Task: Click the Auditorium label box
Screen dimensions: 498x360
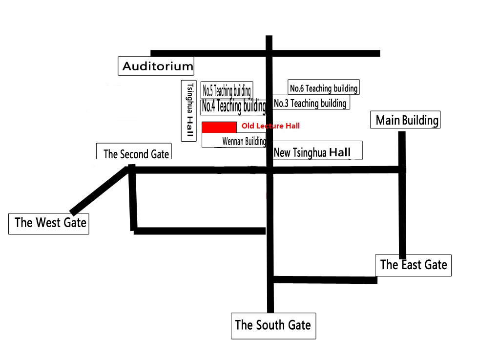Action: (x=156, y=66)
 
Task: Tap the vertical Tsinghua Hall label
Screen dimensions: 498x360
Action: (x=188, y=110)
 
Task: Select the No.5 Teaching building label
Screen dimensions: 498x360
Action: (x=227, y=90)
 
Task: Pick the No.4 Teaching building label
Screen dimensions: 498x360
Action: (x=233, y=106)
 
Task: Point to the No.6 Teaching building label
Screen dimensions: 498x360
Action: (x=324, y=87)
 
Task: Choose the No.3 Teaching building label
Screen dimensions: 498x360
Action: (x=311, y=103)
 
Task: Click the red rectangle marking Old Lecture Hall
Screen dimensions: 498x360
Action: (x=219, y=127)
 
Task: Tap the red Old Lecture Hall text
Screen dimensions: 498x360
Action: (x=270, y=126)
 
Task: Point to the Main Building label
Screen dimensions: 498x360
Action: (x=405, y=120)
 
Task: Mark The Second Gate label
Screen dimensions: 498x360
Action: (x=134, y=151)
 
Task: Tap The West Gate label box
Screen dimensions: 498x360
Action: (x=49, y=224)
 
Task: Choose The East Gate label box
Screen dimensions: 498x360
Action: (x=413, y=265)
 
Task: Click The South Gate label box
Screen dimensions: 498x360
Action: (x=273, y=326)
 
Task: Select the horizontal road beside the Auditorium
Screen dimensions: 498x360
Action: (x=265, y=53)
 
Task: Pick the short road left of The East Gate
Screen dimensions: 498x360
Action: (x=325, y=280)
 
